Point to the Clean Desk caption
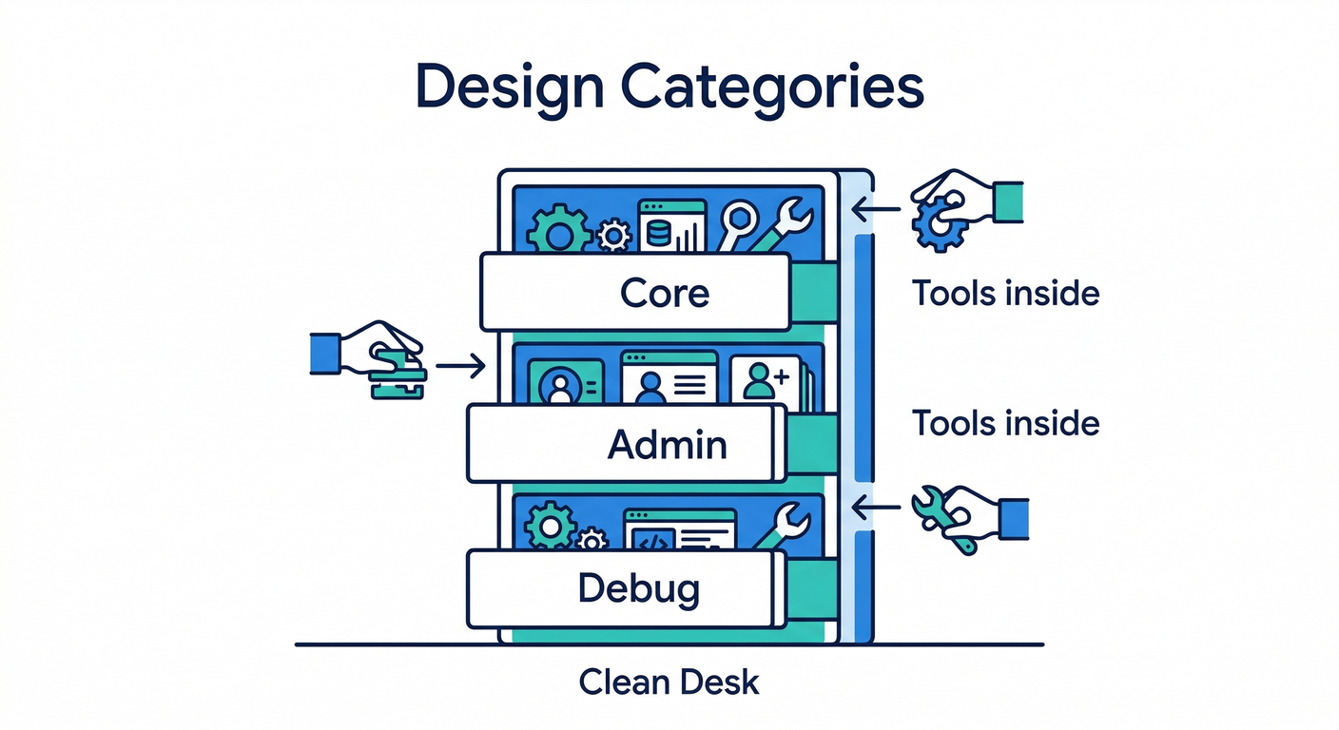pos(669,682)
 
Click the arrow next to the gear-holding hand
pos(875,208)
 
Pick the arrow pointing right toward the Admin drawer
pos(460,366)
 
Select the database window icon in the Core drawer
pos(671,225)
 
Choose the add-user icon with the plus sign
pos(767,382)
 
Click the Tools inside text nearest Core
pos(1005,294)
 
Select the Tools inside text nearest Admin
pos(1005,423)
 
